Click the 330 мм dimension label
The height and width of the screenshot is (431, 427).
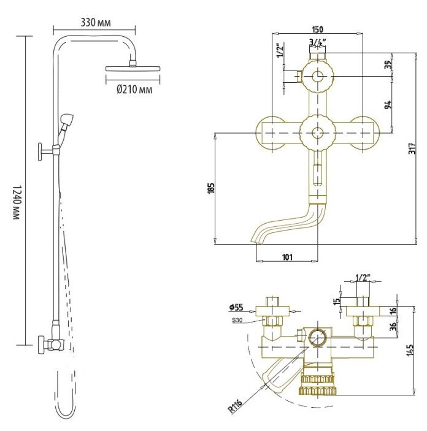95,23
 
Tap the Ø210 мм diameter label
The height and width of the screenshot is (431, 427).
134,90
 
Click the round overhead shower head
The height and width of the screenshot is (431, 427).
132,67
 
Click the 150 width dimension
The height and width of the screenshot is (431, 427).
318,29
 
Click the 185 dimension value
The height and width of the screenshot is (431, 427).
210,188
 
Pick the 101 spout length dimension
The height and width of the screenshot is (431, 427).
287,256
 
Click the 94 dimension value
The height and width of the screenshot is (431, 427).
387,105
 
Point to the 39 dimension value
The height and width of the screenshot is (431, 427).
387,66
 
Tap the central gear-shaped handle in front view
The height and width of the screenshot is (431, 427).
317,131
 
